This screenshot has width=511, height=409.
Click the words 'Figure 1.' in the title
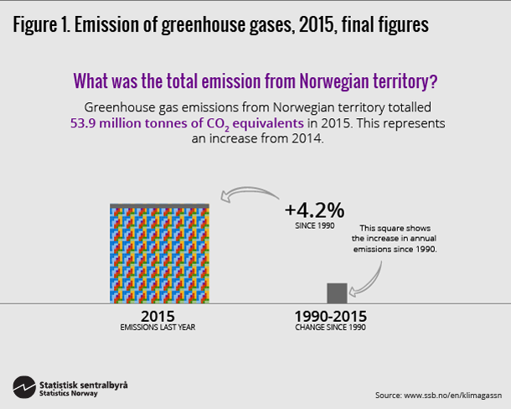pos(41,26)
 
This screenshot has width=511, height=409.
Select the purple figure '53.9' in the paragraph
pos(84,123)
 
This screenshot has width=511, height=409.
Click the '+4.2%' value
pos(314,210)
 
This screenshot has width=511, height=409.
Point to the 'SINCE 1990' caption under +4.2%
pos(315,227)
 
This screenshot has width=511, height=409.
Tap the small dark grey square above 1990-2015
pos(336,293)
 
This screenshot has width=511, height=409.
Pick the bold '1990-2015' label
pos(330,317)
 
